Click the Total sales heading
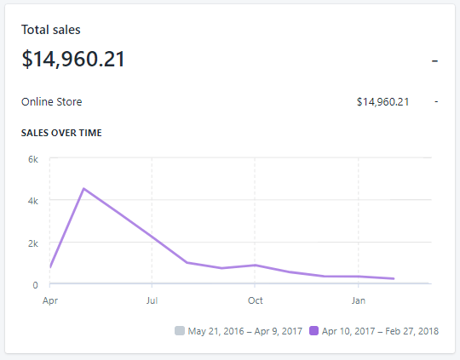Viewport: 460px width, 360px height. tap(51, 30)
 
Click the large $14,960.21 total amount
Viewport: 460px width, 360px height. tap(73, 60)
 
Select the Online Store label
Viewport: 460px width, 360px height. tap(52, 102)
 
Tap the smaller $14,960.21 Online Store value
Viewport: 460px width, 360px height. tap(383, 102)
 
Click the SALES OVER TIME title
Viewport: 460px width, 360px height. tap(62, 133)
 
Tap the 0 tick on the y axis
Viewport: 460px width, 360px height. tap(35, 284)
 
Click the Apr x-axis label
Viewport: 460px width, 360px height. tap(50, 300)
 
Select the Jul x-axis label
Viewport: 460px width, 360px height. tap(152, 300)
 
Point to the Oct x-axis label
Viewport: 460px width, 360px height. tap(256, 300)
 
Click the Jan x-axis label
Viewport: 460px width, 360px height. tap(359, 300)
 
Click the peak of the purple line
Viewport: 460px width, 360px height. tap(83, 188)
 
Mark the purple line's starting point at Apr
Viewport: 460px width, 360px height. tap(50, 267)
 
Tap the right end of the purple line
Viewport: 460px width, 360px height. tap(394, 278)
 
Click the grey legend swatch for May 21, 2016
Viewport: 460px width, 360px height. tap(179, 330)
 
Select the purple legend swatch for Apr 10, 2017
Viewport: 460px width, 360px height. tap(314, 330)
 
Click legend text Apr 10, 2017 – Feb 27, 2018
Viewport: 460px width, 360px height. tap(381, 330)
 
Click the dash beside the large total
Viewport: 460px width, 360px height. tap(434, 60)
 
